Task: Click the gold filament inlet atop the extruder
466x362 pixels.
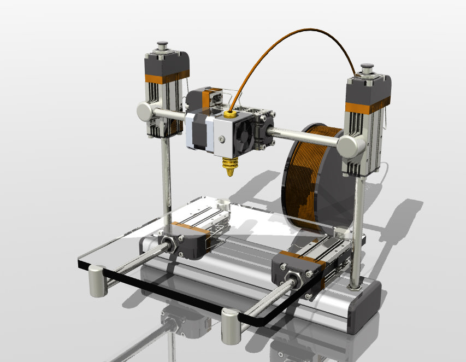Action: (230, 114)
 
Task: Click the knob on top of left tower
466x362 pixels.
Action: (162, 45)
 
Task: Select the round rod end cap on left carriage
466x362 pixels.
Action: (146, 112)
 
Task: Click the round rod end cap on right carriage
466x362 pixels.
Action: (350, 146)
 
